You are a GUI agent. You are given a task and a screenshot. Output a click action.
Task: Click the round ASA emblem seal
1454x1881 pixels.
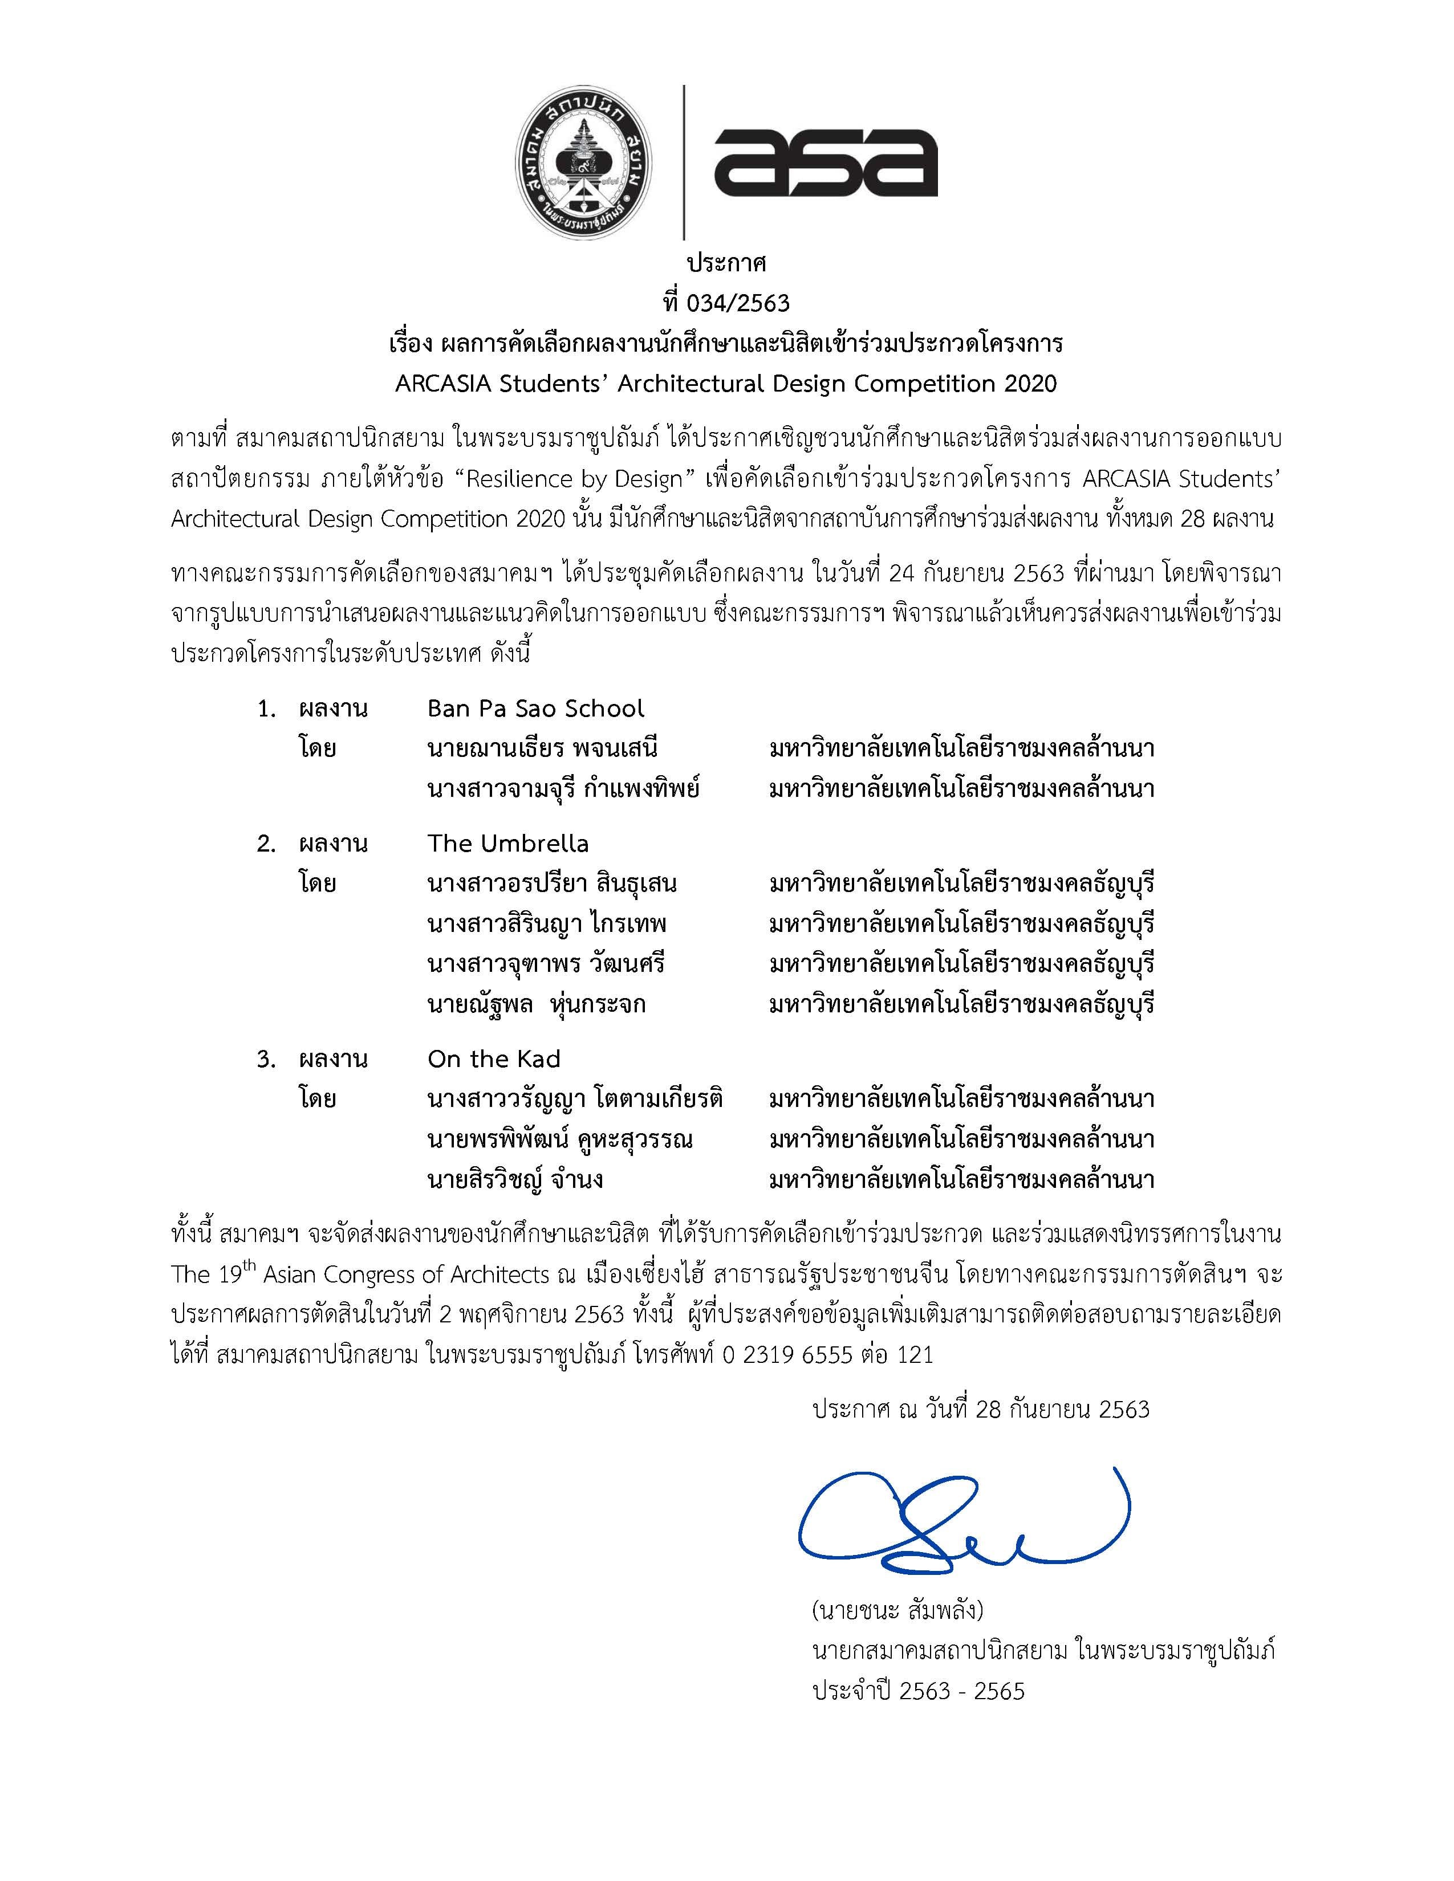(583, 162)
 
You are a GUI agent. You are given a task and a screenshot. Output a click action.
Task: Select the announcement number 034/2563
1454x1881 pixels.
(738, 303)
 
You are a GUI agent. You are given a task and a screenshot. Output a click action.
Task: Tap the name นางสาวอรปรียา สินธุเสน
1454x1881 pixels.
(551, 883)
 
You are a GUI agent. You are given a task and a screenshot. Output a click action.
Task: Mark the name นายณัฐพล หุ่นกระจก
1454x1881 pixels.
(536, 1004)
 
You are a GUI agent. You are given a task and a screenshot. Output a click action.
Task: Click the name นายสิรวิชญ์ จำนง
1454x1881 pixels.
(514, 1179)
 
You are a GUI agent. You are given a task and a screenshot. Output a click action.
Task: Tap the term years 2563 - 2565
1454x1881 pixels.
(961, 1692)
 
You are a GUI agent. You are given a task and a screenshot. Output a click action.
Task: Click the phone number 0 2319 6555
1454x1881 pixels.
(787, 1355)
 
